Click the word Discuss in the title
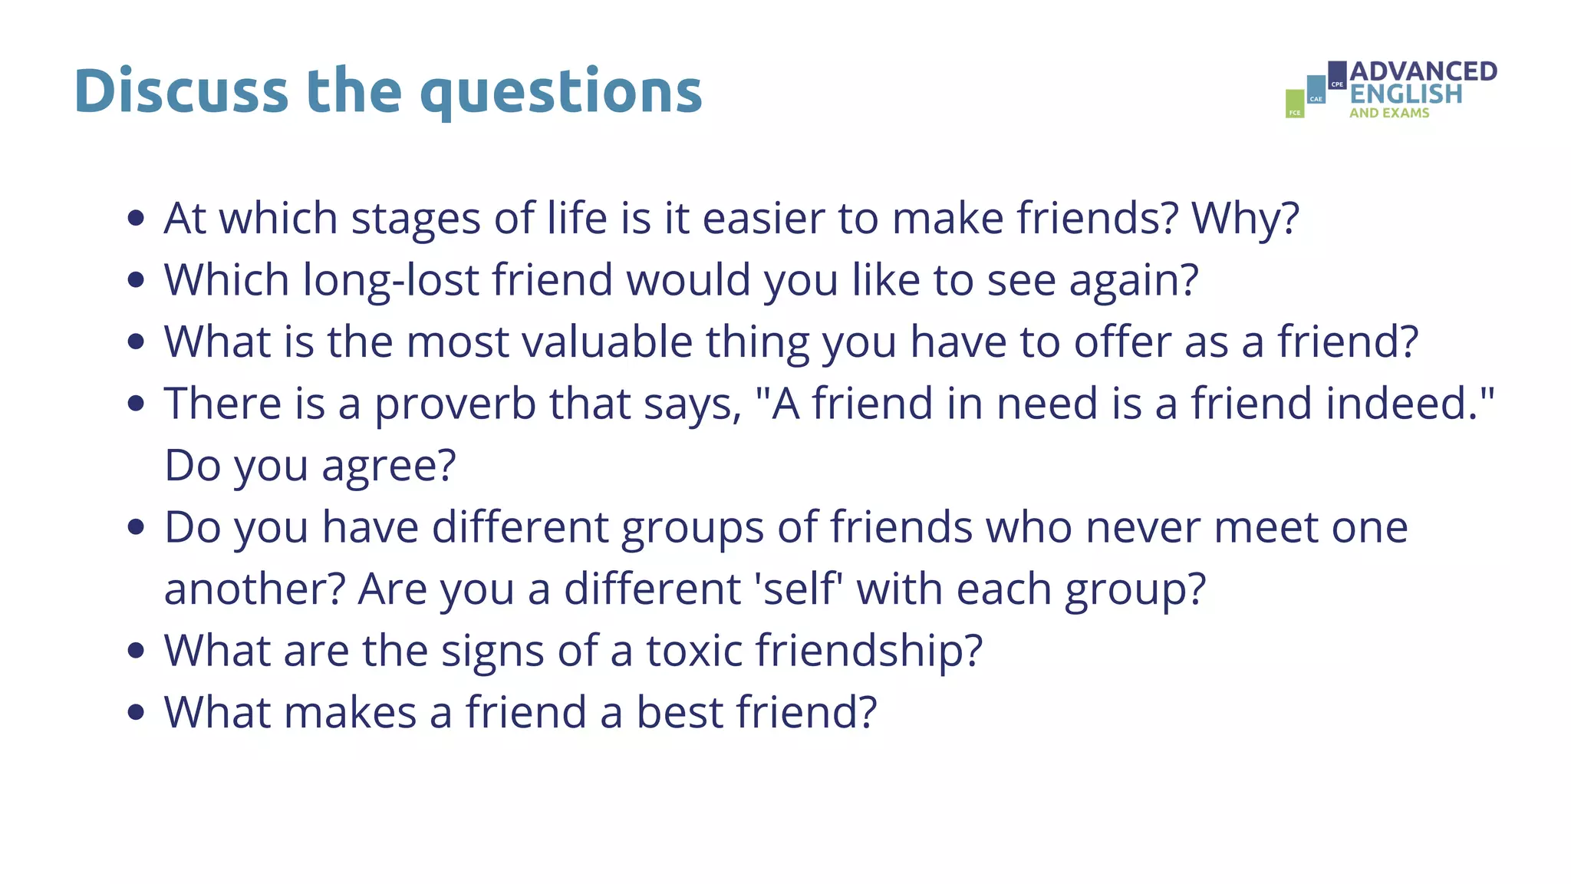coord(181,91)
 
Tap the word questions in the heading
coord(561,92)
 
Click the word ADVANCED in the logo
coord(1423,71)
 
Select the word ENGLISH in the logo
coord(1405,94)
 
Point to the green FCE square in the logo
coord(1295,104)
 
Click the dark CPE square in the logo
coord(1337,74)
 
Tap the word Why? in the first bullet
coord(1245,218)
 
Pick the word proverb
coord(455,404)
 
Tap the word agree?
coord(388,467)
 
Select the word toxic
coord(694,651)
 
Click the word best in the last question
coord(680,712)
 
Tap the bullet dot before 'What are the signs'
coord(137,651)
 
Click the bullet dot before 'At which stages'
coord(137,218)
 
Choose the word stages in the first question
coord(416,219)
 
